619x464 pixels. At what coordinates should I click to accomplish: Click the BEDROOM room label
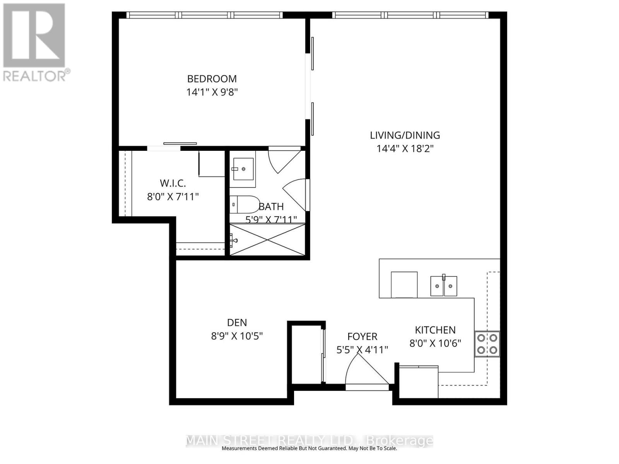[x=212, y=79]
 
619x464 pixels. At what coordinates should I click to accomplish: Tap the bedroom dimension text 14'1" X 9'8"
[x=212, y=92]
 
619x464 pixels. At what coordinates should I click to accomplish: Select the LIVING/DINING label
[x=405, y=135]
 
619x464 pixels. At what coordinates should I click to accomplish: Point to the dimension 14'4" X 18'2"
[x=405, y=148]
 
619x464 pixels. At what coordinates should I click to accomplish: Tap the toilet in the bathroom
[x=244, y=205]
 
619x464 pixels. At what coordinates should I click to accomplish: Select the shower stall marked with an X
[x=268, y=239]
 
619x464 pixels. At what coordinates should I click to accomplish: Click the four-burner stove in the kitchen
[x=487, y=344]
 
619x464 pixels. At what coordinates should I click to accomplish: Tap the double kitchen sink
[x=443, y=286]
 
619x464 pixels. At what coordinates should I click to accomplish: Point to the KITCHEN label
[x=435, y=330]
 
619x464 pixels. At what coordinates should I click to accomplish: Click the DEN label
[x=237, y=322]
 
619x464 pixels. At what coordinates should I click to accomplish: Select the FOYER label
[x=362, y=337]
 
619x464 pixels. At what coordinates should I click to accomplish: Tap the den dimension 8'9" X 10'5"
[x=237, y=336]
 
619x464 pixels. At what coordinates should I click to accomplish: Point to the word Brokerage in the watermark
[x=399, y=441]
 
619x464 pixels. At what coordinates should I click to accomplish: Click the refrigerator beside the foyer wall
[x=418, y=382]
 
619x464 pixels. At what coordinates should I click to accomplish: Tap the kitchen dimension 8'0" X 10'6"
[x=435, y=343]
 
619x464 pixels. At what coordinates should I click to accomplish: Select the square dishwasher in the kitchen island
[x=404, y=285]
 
